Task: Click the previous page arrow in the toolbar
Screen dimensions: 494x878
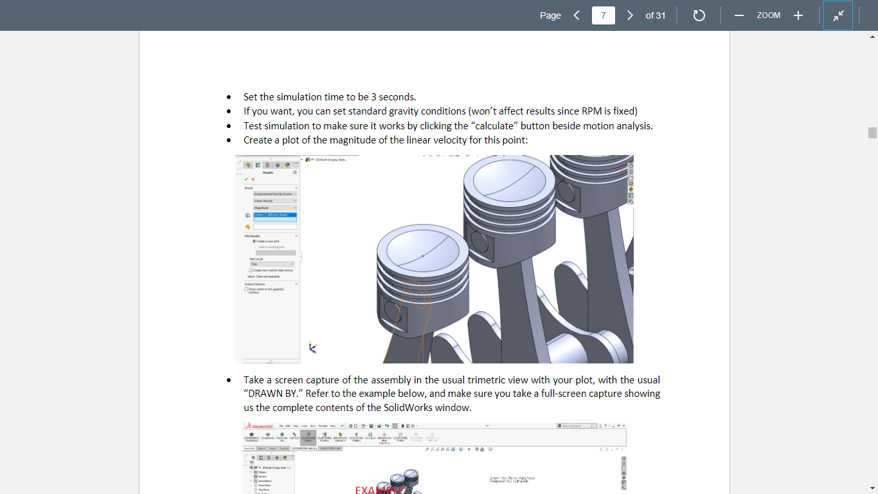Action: [577, 15]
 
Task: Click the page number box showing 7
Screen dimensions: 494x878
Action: [603, 15]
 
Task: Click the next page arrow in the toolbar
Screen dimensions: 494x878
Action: [630, 15]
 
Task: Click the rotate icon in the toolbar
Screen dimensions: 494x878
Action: [699, 15]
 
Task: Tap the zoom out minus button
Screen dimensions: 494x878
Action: [739, 15]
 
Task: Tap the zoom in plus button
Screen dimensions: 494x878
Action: [798, 15]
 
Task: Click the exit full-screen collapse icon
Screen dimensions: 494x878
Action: [838, 15]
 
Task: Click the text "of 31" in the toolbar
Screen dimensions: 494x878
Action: [656, 15]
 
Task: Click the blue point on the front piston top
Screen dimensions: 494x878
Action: [422, 256]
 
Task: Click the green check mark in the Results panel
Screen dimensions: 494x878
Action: [246, 179]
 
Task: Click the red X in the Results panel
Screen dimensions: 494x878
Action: [253, 179]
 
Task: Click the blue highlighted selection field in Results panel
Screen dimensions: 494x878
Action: [275, 215]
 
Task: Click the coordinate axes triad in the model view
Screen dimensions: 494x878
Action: [312, 347]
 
